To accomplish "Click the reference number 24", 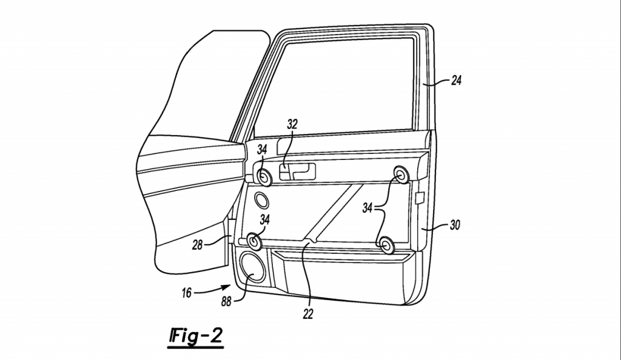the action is point(456,81).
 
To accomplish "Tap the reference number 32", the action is point(292,124).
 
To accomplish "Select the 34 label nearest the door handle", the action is point(262,149).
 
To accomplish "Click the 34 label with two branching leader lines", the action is point(367,207).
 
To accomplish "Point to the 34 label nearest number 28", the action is point(264,219).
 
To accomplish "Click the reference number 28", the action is point(197,245).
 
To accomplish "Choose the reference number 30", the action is point(455,225).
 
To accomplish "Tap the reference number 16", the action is point(186,293).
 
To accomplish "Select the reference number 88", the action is point(226,302).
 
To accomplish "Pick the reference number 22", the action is point(308,314).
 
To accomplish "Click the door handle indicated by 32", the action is point(297,172).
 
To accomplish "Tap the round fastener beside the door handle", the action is point(264,176).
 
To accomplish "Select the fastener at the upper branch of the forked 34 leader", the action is point(401,175).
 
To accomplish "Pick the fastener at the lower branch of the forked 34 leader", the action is point(386,245).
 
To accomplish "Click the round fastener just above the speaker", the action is point(253,241).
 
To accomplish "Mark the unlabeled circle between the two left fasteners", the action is point(261,200).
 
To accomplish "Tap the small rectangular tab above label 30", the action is point(420,198).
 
